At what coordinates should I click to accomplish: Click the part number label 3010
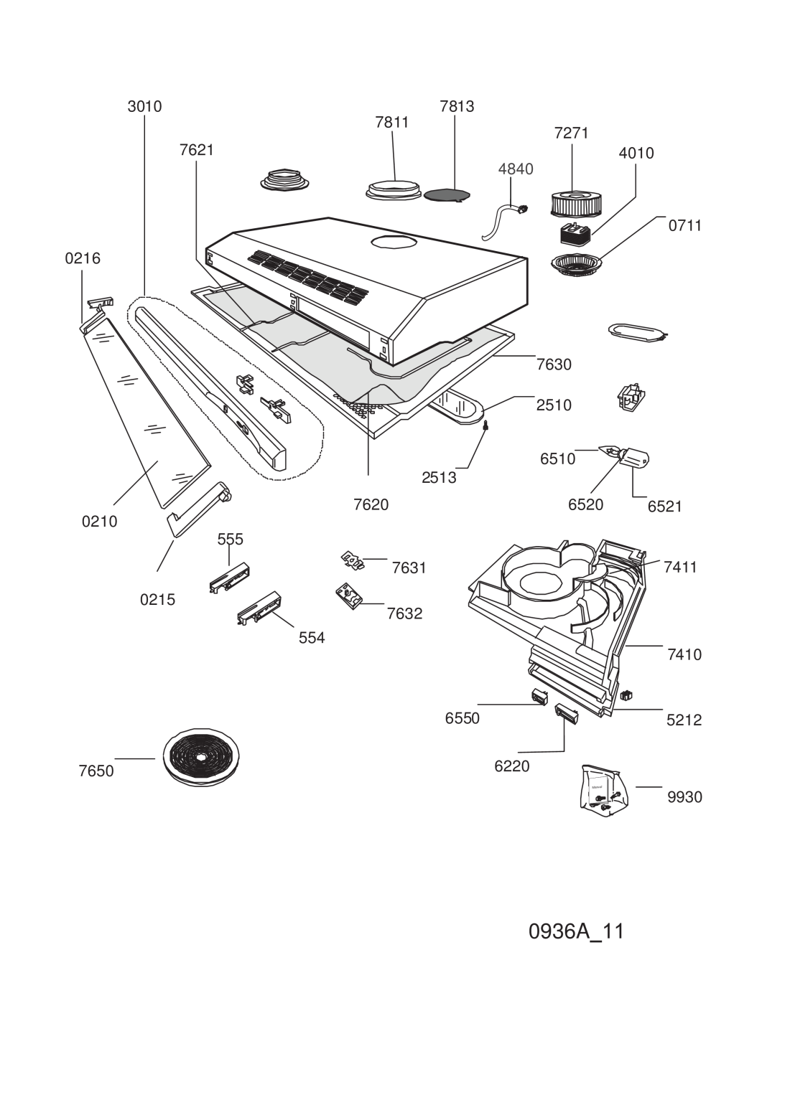[x=144, y=106]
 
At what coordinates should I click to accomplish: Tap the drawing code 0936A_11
[x=576, y=932]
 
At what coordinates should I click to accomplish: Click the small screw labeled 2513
[x=485, y=425]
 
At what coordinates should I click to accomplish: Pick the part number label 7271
[x=572, y=133]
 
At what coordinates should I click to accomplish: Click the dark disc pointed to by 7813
[x=447, y=194]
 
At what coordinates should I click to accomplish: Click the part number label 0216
[x=83, y=258]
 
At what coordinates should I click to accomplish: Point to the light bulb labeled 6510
[x=610, y=453]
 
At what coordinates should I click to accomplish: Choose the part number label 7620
[x=371, y=504]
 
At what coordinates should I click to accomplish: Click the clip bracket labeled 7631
[x=353, y=560]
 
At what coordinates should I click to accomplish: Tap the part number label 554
[x=312, y=638]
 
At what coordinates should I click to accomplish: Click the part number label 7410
[x=684, y=654]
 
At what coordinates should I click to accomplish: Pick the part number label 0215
[x=157, y=600]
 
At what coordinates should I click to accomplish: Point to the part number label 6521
[x=664, y=507]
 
